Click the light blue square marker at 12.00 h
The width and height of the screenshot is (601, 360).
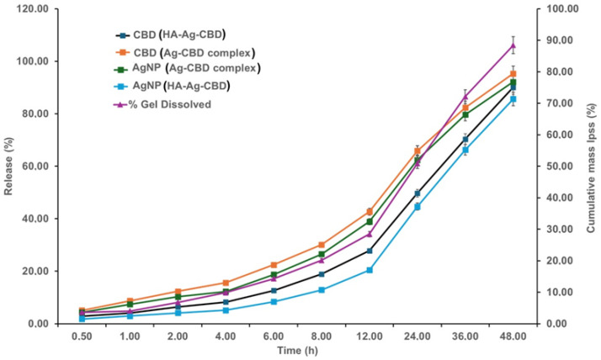pos(369,270)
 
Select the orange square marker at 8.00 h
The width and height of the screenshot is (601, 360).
pos(322,245)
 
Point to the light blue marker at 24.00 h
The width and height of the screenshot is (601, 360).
pos(417,206)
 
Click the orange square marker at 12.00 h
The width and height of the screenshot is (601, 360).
pos(369,212)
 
